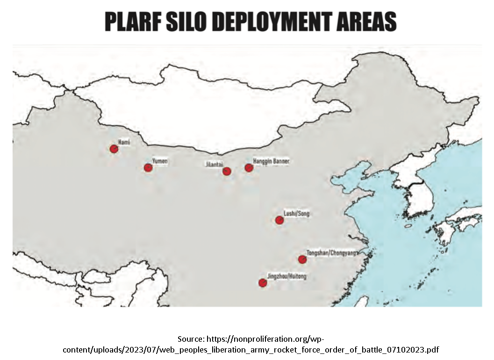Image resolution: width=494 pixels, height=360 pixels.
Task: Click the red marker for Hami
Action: [x=114, y=149]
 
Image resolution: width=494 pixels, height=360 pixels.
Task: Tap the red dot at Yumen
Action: [x=148, y=167]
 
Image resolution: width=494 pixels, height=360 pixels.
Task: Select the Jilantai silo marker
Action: [x=227, y=171]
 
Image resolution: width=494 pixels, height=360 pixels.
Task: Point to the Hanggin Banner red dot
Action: [x=249, y=167]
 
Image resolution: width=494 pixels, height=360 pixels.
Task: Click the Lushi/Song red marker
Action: [x=279, y=220]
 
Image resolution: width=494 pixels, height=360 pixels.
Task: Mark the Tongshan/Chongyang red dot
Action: [x=302, y=259]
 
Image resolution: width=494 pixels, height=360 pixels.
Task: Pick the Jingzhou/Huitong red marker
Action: [x=263, y=282]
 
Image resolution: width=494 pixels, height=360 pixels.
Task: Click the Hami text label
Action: [x=124, y=141]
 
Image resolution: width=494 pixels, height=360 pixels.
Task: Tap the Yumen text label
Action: [x=160, y=161]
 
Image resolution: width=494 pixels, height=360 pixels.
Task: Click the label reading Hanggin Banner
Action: [x=271, y=161]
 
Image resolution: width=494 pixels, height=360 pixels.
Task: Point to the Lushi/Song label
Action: [x=296, y=214]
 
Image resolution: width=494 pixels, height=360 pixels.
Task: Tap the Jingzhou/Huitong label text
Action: [x=286, y=276]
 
